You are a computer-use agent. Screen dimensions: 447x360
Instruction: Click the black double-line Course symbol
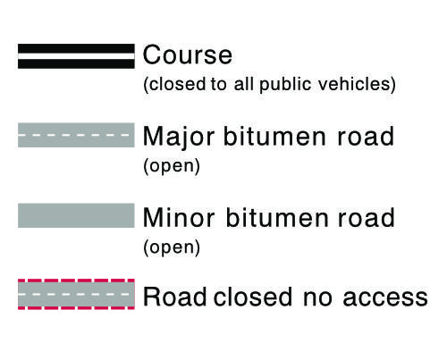(76, 56)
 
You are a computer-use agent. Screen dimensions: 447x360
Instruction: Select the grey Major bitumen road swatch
(76, 135)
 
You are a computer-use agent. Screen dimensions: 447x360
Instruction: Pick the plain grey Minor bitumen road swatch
(76, 215)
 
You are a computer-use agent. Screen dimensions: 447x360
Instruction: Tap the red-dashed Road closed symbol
(76, 294)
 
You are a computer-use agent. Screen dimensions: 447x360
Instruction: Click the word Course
(188, 55)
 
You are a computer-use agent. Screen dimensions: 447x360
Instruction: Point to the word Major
(179, 138)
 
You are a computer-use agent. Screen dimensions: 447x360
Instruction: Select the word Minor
(179, 218)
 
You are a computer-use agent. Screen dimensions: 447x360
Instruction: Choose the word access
(385, 297)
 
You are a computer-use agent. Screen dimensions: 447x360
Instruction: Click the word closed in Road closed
(253, 297)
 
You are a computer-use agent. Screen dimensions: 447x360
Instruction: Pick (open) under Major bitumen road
(172, 166)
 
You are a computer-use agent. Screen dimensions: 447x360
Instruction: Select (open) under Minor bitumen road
(172, 247)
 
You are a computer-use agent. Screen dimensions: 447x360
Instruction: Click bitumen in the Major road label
(274, 136)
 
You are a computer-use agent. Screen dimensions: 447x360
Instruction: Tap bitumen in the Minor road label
(276, 217)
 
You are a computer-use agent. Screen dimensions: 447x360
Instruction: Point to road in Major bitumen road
(366, 136)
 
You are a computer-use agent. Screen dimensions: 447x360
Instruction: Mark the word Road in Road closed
(175, 297)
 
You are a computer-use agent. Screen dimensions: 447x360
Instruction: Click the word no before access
(317, 297)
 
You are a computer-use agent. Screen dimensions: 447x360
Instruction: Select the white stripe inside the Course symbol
(76, 56)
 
